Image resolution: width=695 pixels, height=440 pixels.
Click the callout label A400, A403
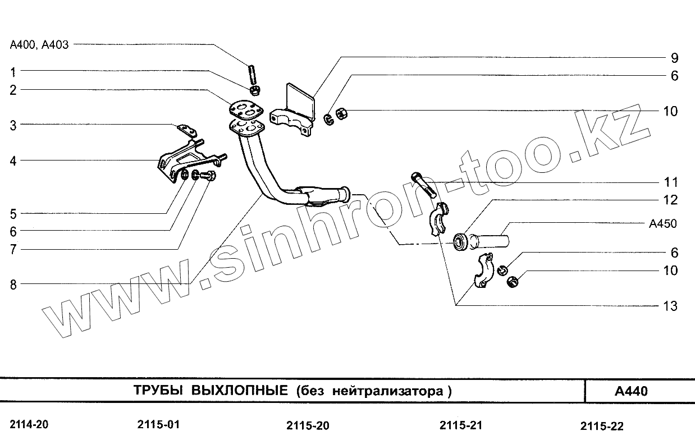click(x=39, y=45)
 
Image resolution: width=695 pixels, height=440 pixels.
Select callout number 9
click(x=674, y=58)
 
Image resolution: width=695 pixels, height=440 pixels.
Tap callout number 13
click(x=670, y=306)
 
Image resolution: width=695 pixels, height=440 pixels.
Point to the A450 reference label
click(x=662, y=224)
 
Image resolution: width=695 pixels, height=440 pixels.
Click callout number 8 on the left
click(x=13, y=285)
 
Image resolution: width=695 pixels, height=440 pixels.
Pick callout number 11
click(x=670, y=182)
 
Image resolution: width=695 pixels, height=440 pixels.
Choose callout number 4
click(x=13, y=161)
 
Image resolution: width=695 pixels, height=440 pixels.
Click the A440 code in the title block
click(x=631, y=391)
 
